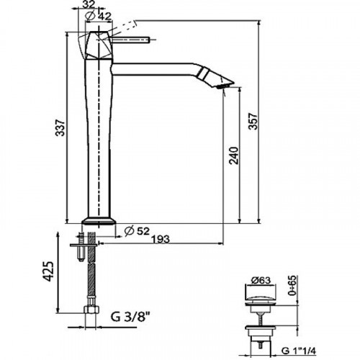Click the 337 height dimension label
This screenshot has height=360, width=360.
point(60,127)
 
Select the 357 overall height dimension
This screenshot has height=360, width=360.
point(253,121)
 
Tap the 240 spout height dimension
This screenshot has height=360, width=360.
point(234,156)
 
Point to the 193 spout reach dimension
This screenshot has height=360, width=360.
point(161,239)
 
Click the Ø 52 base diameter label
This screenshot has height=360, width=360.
point(138,231)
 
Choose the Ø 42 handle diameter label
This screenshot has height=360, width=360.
point(99,16)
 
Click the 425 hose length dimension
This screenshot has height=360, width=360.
point(48,271)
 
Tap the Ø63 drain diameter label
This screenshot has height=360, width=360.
point(261,280)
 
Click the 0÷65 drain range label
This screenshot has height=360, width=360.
point(292,286)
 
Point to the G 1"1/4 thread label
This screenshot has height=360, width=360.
point(299,351)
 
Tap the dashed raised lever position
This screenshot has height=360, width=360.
point(122,27)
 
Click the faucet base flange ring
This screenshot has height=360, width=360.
point(99,221)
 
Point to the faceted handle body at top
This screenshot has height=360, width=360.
point(99,45)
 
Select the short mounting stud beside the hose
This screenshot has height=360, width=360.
point(81,247)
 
